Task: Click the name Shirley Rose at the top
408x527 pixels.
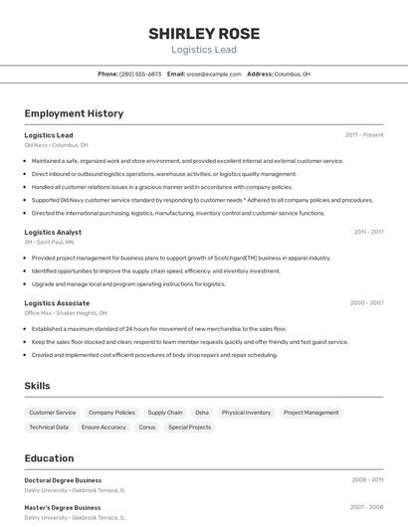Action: (x=204, y=33)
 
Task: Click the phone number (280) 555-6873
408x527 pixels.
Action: (x=140, y=74)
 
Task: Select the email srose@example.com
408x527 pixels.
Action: (x=214, y=74)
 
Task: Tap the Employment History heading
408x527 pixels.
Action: (x=74, y=113)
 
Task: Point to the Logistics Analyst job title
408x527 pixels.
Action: (x=53, y=232)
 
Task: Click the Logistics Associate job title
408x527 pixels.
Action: (x=57, y=302)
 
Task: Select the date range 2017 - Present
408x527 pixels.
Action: (x=364, y=135)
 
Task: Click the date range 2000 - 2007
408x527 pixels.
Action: (x=366, y=302)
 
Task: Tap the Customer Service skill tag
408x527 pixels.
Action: (x=53, y=412)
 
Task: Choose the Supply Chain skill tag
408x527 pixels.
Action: (x=165, y=412)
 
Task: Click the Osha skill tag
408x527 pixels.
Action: (x=202, y=412)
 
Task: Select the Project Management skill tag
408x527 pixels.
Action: (x=310, y=412)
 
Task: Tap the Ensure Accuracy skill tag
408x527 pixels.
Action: (x=103, y=427)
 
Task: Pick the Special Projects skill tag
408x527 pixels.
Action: (x=190, y=427)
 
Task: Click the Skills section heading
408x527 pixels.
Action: (x=38, y=385)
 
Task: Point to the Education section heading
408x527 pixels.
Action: (x=49, y=458)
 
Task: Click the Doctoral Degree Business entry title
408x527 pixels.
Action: (x=63, y=480)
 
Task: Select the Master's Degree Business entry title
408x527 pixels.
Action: (x=63, y=507)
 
